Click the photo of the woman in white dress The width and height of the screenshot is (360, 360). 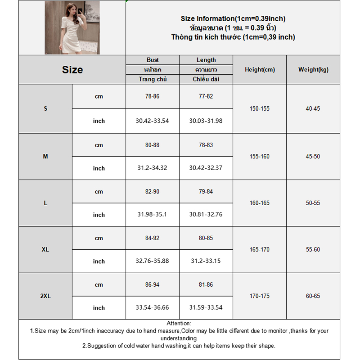[72, 27]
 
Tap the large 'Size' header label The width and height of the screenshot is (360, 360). [72, 70]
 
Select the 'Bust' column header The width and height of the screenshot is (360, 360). [153, 60]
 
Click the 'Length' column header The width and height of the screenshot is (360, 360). [206, 60]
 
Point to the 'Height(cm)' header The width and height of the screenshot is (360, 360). [260, 70]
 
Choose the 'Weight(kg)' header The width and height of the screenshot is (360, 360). [313, 70]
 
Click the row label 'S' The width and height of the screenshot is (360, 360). [45, 109]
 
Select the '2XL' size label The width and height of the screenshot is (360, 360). [45, 296]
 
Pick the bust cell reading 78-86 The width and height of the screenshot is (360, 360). [153, 96]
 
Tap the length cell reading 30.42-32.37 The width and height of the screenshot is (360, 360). [206, 168]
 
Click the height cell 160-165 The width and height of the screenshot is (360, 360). [260, 203]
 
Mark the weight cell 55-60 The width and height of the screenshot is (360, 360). [313, 249]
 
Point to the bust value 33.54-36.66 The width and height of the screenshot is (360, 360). [153, 308]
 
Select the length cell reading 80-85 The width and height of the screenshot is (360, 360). [206, 238]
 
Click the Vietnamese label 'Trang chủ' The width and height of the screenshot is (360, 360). [153, 79]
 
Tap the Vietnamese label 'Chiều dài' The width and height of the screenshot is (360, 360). [206, 79]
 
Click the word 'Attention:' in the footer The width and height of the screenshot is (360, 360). [179, 323]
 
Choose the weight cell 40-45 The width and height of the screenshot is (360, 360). [313, 109]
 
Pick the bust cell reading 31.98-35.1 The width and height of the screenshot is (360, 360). [153, 215]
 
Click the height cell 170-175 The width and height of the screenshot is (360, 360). [260, 296]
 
